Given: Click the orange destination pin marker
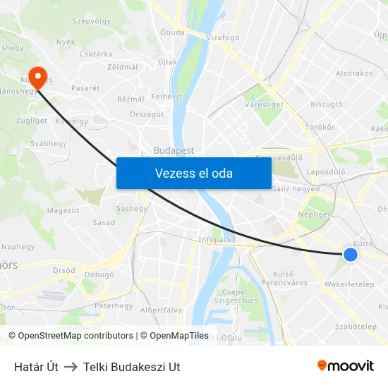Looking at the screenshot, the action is [37, 77].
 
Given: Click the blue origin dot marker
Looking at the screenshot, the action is [350, 255].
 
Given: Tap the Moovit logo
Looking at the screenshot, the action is [346, 365].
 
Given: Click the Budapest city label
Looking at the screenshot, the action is [174, 150].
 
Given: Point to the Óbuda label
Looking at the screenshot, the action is [172, 32].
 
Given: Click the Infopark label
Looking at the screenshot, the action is [215, 240].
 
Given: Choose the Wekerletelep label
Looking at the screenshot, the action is [349, 284].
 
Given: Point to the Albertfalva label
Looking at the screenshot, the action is [161, 310].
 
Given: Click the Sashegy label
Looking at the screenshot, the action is [132, 209].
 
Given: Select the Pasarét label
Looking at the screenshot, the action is [85, 88].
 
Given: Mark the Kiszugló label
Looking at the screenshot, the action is [327, 104].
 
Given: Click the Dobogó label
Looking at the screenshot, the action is [99, 274].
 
